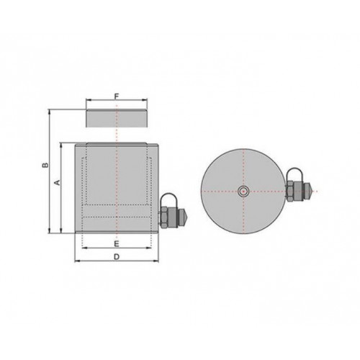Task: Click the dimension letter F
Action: (117, 96)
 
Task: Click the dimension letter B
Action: (45, 165)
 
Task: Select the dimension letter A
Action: (57, 182)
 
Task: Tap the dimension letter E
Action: (117, 244)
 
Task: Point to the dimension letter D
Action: (117, 257)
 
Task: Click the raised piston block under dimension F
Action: (117, 118)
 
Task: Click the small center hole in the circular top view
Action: (243, 192)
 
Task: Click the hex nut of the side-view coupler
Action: (164, 217)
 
